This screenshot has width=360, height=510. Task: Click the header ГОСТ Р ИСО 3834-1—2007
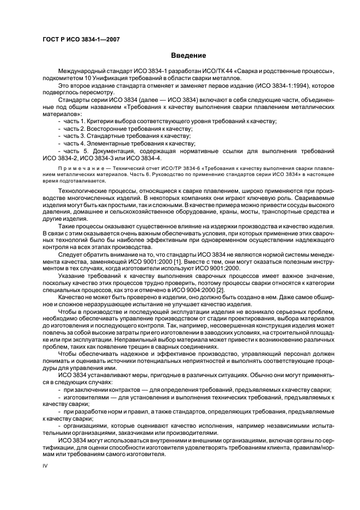81,40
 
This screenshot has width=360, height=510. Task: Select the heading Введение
188,56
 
